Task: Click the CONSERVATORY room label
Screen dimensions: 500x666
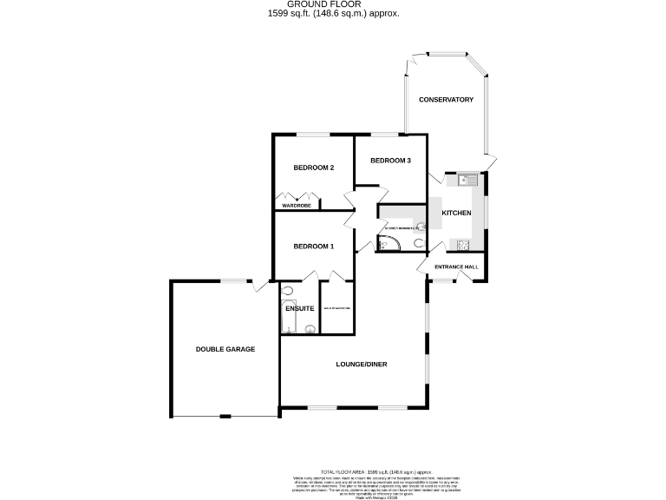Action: coord(446,100)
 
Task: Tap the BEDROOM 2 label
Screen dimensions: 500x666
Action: coord(313,168)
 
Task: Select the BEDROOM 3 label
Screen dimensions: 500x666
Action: coord(389,161)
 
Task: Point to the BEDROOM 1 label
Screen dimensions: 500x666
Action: coord(313,247)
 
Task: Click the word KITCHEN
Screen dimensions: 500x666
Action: coord(456,214)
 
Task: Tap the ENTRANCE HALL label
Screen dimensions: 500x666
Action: coord(456,266)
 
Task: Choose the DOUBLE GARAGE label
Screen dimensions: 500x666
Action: coord(225,349)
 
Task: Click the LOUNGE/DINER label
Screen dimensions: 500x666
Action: coord(362,364)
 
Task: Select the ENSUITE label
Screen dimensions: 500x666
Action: coord(299,309)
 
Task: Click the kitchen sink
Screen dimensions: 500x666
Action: coord(469,181)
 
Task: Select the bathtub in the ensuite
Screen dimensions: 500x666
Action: coord(290,326)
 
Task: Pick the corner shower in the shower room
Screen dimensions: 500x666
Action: coord(387,244)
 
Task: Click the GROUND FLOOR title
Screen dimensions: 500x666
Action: coord(334,4)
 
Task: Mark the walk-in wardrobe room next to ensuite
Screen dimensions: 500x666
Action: coord(337,308)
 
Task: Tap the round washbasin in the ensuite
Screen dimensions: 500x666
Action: coord(288,292)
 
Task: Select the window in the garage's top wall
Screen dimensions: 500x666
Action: coord(232,280)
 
